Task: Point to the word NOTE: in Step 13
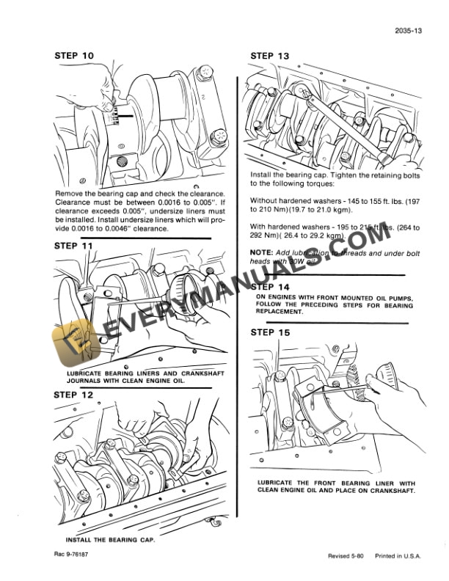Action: [x=262, y=252]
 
